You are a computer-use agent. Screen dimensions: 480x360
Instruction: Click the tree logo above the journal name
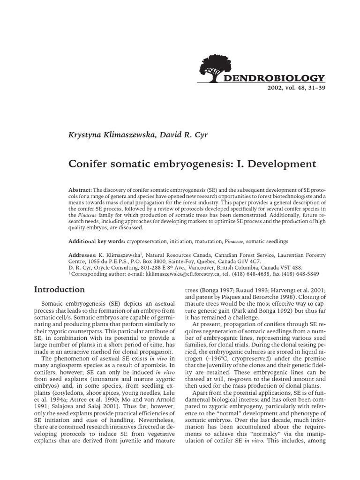[x=219, y=68]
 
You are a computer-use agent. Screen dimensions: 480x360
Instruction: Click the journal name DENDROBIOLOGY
[x=280, y=78]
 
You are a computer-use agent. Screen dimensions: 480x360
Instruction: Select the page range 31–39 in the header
[x=314, y=88]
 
